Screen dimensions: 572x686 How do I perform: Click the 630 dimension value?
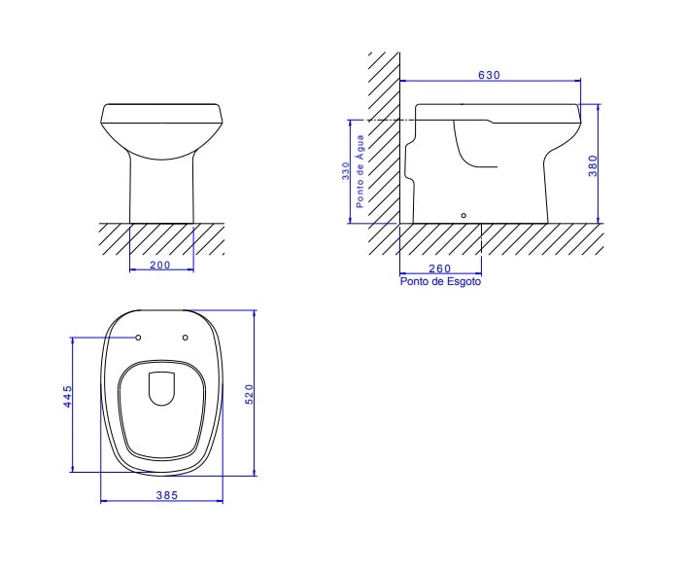coord(489,75)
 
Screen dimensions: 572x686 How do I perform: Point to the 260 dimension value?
coord(439,268)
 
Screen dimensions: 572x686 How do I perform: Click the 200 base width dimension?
coord(160,265)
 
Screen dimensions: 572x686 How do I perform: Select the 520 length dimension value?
coord(249,394)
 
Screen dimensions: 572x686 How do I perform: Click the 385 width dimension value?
coord(166,495)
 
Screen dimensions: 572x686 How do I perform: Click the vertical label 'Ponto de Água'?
coord(360,171)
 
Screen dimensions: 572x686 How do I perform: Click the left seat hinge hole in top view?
coord(139,339)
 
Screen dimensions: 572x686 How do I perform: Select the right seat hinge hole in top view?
coord(186,339)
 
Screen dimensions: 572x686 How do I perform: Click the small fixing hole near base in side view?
coord(463,214)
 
